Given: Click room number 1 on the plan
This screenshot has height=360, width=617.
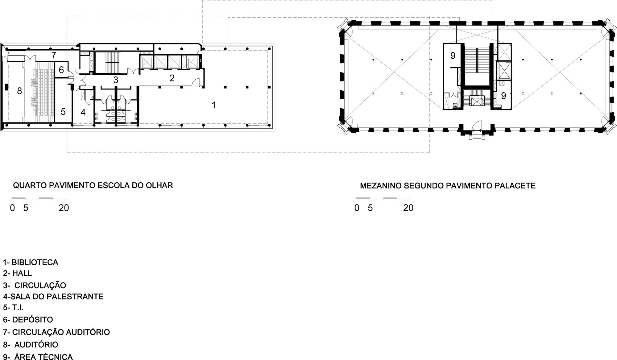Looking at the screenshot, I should pos(214,105).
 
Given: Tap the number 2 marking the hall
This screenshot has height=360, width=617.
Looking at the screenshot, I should pos(172,78).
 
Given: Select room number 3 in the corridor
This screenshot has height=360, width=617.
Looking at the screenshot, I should pos(116,80).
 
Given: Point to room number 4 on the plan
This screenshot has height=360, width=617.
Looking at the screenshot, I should pos(83,112).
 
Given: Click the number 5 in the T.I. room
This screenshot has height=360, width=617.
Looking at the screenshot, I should pos(63,112).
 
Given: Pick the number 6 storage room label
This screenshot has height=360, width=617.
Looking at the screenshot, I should pos(61,70).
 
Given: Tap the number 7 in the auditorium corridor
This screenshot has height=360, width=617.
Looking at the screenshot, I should pos(54,56).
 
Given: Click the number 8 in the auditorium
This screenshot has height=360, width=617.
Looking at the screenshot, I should pos(19,91).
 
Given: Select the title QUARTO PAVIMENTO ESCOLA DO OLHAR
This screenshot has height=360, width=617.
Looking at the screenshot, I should pos(93,185).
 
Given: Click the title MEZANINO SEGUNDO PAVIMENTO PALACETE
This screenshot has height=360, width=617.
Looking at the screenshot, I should pos(448,186).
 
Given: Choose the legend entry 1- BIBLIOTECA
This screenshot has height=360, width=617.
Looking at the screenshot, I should pos(31,263).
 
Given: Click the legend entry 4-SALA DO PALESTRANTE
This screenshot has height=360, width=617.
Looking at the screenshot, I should pos(53,296).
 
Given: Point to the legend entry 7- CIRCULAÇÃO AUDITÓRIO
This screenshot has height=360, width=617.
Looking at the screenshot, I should pos(56,332).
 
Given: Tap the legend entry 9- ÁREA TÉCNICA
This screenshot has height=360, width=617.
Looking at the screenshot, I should pos(38,357).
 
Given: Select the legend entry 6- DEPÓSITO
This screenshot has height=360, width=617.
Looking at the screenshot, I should pos(28,320).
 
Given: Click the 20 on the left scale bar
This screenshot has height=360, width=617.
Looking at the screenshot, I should pos(64,208).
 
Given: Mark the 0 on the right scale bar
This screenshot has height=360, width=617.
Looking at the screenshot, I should pos(357,208).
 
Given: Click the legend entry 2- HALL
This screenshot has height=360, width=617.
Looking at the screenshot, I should pos(18,273).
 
